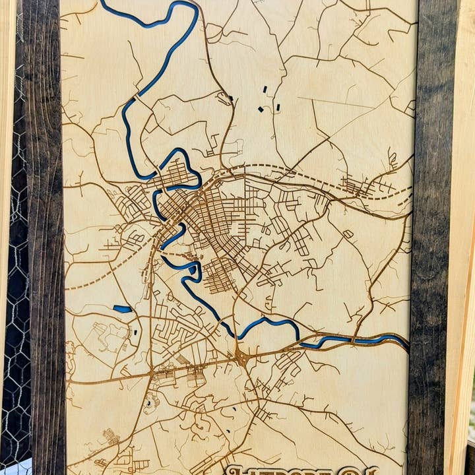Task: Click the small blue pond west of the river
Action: (123, 309)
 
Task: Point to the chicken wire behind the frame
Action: (13, 330)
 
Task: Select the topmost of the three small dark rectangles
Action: (265, 88)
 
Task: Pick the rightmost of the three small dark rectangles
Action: (278, 106)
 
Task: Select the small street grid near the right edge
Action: (360, 187)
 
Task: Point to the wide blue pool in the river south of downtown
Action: (191, 270)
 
